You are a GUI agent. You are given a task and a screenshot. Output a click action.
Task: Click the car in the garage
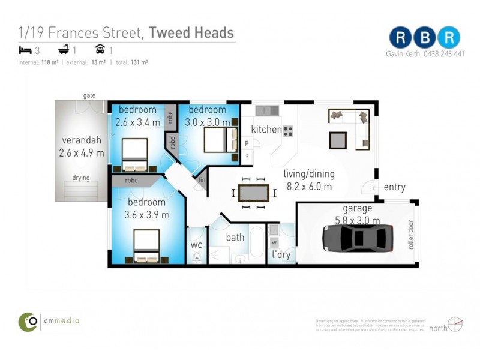pos(358,238)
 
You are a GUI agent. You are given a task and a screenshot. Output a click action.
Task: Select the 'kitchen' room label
pos(266,130)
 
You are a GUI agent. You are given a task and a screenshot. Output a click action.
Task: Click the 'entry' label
pos(394,187)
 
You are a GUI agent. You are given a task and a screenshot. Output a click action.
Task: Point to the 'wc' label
pos(196,245)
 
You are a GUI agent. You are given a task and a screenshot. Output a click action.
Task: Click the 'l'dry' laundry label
pos(281,255)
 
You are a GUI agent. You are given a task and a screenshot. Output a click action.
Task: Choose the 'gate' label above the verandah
pos(89,95)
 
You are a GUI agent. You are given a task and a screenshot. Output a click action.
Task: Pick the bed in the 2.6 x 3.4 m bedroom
pos(134,155)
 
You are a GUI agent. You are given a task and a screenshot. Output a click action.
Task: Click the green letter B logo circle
pos(425,37)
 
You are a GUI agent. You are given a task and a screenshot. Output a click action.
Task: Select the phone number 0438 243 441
pos(442,53)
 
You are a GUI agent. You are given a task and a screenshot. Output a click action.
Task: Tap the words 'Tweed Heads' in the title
pos(191,32)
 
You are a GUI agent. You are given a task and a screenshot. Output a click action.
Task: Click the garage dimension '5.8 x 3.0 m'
pos(357,220)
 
